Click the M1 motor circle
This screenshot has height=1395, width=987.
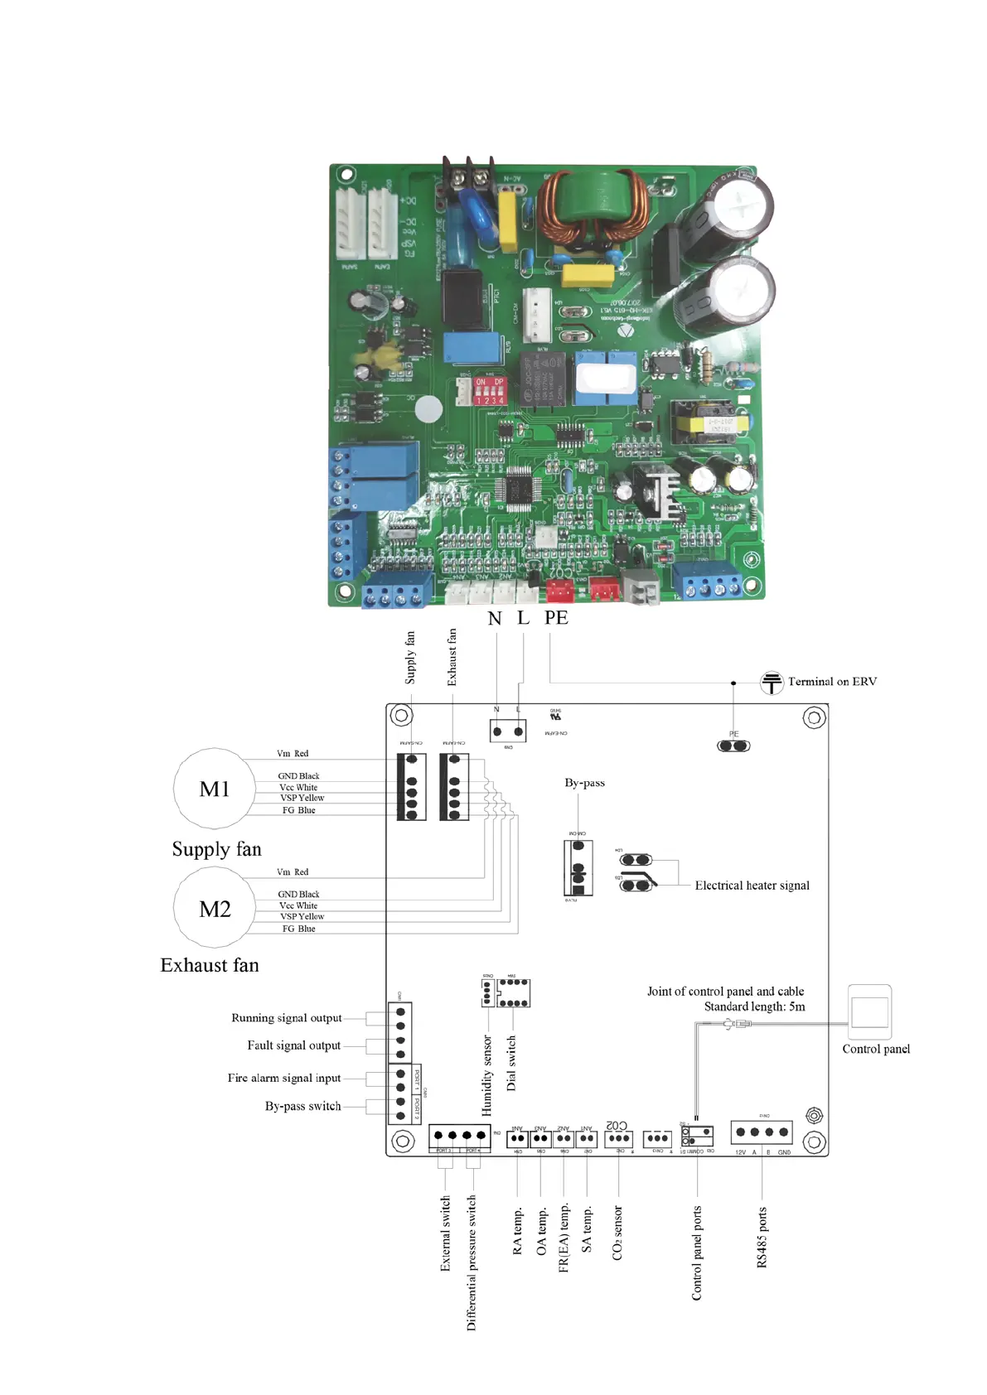click(x=214, y=789)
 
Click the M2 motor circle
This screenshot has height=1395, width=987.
click(x=214, y=909)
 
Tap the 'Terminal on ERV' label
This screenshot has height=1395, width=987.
click(x=832, y=682)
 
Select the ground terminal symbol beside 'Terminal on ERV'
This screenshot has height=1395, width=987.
click(x=772, y=683)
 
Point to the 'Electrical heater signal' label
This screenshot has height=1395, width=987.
click(x=752, y=886)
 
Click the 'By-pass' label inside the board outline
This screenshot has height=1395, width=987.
click(x=584, y=783)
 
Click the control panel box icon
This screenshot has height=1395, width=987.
click(x=869, y=1011)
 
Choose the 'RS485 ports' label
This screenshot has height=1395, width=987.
click(x=762, y=1237)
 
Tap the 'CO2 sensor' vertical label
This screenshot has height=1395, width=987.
click(x=617, y=1233)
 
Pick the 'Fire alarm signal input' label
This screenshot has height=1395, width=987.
click(x=284, y=1078)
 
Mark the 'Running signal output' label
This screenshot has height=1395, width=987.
click(x=286, y=1018)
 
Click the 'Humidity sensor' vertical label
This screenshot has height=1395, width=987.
click(x=487, y=1074)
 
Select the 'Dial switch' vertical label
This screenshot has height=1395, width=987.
click(x=511, y=1062)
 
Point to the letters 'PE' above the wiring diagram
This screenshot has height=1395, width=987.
click(x=556, y=618)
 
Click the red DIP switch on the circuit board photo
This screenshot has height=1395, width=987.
click(x=489, y=390)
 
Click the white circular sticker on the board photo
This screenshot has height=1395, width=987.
click(x=428, y=409)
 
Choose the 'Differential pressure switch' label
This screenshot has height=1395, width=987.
click(x=472, y=1262)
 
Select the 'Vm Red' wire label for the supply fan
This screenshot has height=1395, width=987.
click(x=293, y=754)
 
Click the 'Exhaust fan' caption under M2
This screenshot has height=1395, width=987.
click(x=210, y=966)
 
